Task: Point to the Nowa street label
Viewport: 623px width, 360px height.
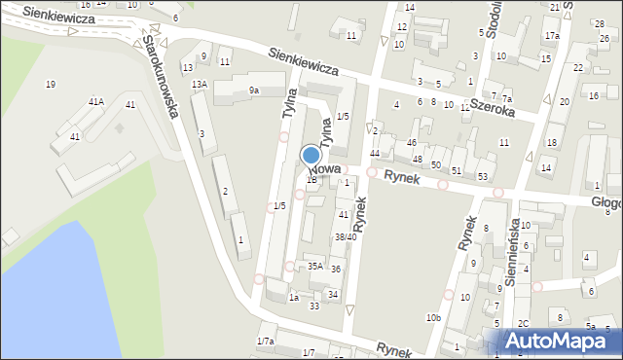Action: (325, 168)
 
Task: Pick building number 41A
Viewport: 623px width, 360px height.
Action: (96, 102)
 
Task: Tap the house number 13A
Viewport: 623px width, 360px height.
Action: (199, 85)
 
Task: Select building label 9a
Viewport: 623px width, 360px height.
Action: (253, 90)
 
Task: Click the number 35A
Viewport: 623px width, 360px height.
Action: (314, 266)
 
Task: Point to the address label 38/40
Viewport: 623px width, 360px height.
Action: (346, 236)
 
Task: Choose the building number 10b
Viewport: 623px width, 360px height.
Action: (433, 318)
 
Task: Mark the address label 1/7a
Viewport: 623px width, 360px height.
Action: (265, 341)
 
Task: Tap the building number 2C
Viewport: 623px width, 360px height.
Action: (523, 323)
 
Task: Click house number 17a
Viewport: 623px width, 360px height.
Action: (552, 36)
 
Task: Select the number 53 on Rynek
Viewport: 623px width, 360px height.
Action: (483, 176)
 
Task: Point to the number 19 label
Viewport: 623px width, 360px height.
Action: (50, 85)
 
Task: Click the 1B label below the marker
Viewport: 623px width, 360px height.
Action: (311, 179)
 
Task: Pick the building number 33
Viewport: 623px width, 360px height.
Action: (314, 306)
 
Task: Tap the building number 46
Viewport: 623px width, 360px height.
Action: (413, 142)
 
